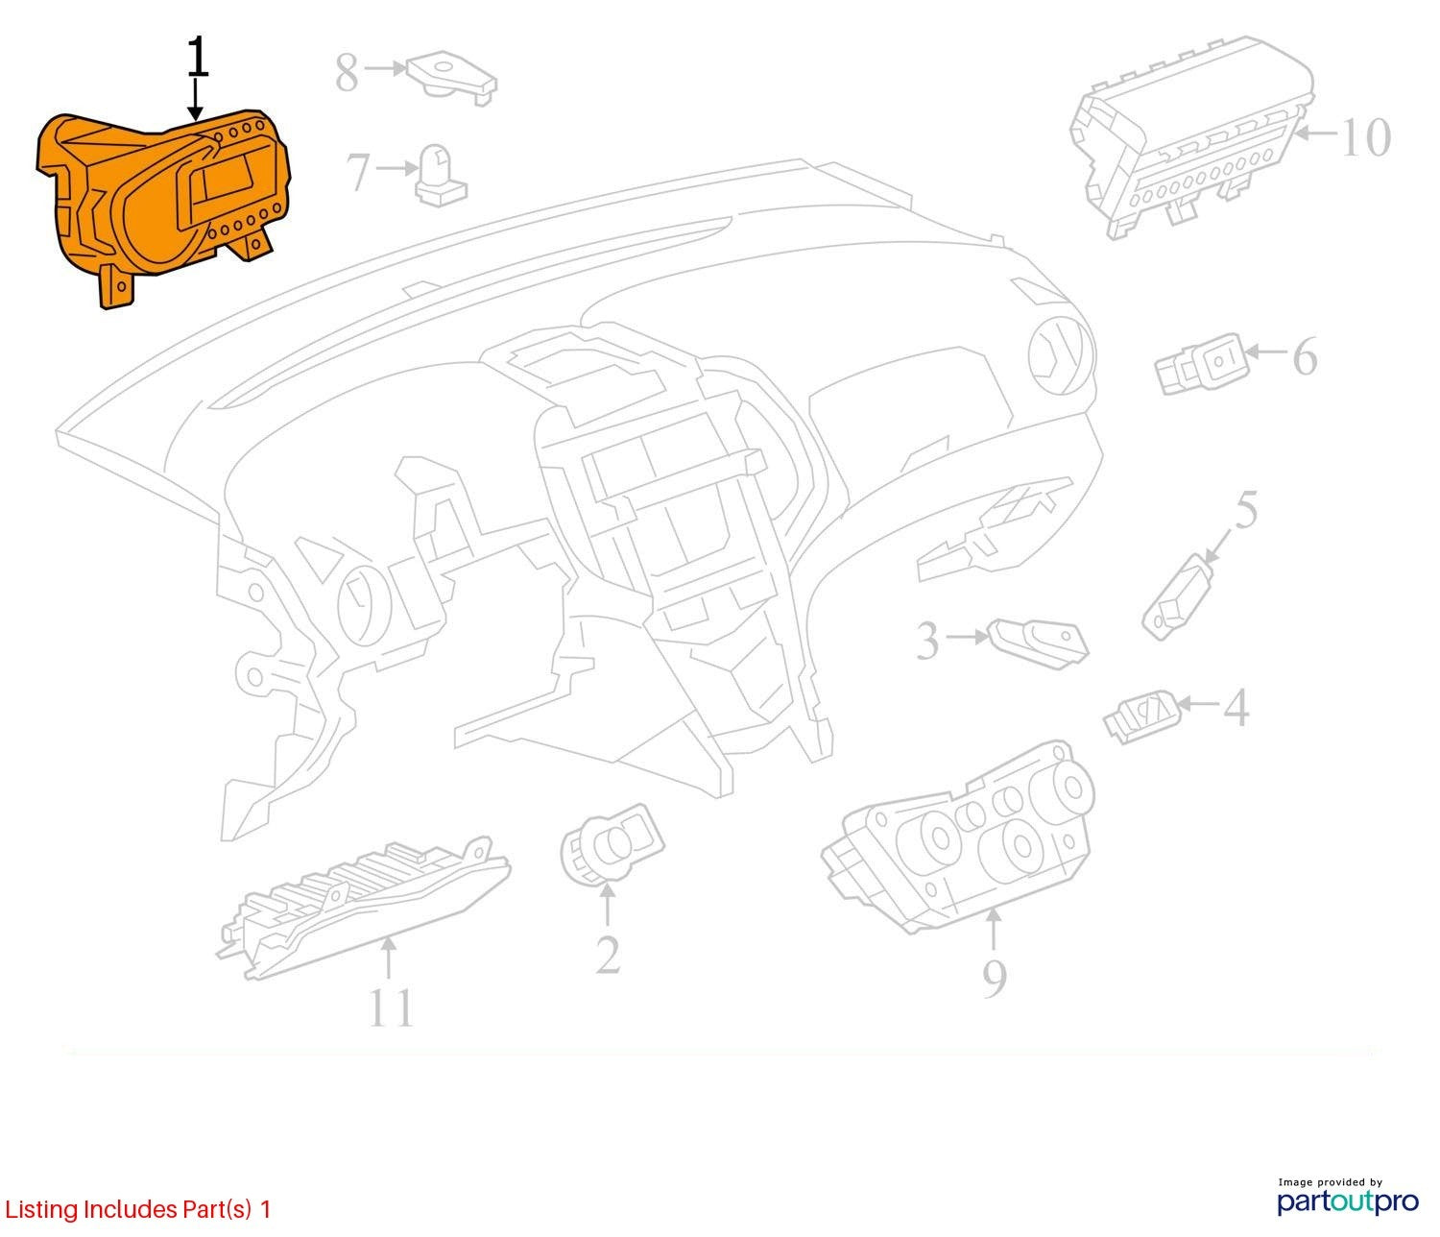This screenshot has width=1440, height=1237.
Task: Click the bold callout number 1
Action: point(198,58)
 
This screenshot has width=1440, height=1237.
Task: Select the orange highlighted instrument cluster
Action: point(164,202)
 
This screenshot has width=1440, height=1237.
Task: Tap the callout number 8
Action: point(347,72)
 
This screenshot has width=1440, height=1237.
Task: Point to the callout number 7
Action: point(358,172)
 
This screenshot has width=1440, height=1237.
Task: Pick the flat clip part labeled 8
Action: point(451,77)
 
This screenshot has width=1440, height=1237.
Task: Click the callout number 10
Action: point(1365,137)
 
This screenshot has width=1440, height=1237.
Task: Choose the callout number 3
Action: point(927,640)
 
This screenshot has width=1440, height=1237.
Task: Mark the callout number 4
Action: point(1236,708)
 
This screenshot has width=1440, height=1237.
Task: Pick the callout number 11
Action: point(390,1007)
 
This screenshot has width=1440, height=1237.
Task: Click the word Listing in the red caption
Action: point(42,1210)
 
